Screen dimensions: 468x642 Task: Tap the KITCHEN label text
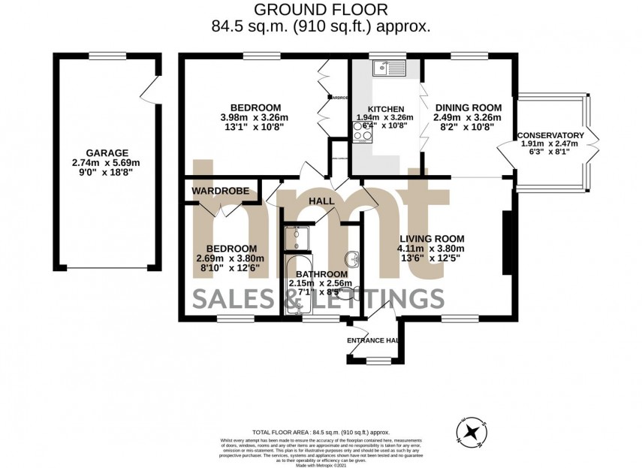click(385, 108)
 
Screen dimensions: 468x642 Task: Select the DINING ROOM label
click(467, 107)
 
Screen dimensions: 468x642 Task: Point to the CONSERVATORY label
click(556, 135)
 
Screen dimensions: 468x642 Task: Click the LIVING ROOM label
click(431, 240)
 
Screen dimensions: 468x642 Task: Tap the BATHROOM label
click(321, 274)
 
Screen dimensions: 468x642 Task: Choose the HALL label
click(321, 201)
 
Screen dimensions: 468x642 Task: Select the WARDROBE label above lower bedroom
click(219, 191)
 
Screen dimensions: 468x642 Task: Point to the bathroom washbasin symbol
click(354, 256)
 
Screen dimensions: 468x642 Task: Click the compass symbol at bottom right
click(472, 431)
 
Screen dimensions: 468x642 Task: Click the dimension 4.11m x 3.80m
click(431, 249)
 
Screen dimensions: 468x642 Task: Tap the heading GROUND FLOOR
click(321, 10)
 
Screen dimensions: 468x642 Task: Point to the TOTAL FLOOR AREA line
click(321, 433)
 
